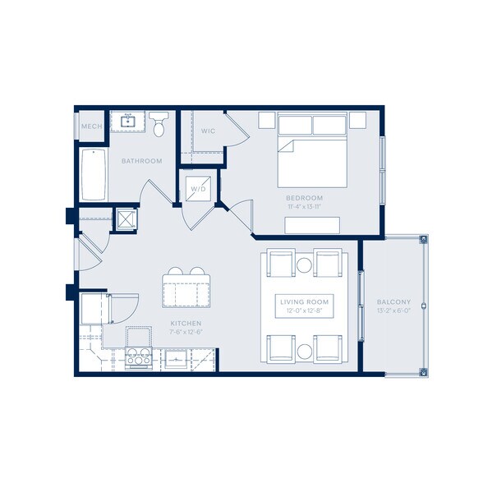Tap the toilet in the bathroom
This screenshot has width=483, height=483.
159,126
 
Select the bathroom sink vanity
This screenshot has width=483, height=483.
127,122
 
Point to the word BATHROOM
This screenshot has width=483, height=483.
141,161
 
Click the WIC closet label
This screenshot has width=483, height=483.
208,131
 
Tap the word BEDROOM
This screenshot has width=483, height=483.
304,198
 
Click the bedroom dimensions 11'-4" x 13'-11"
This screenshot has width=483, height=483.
304,207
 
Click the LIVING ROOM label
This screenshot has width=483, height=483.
304,302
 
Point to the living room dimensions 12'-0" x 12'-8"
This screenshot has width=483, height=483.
304,311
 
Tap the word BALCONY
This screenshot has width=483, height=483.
391,301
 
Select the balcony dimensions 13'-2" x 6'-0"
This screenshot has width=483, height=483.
391,310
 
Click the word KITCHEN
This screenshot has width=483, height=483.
186,324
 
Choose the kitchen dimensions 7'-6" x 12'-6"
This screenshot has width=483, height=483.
186,333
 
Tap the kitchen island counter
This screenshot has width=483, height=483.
186,292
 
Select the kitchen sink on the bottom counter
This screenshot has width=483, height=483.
176,358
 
